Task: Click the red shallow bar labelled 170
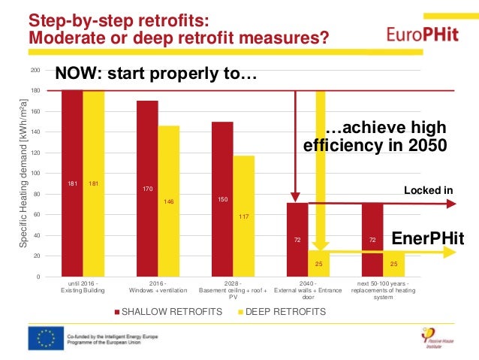(x=147, y=188)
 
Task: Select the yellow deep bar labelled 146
(x=168, y=201)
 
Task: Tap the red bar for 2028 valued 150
(x=222, y=199)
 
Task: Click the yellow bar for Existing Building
(x=94, y=183)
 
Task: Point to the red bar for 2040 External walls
(x=297, y=241)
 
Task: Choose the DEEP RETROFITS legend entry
(x=282, y=310)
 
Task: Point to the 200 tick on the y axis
(x=35, y=70)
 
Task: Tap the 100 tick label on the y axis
(x=35, y=174)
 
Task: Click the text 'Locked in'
(x=429, y=190)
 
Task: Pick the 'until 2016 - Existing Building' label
(x=83, y=286)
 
